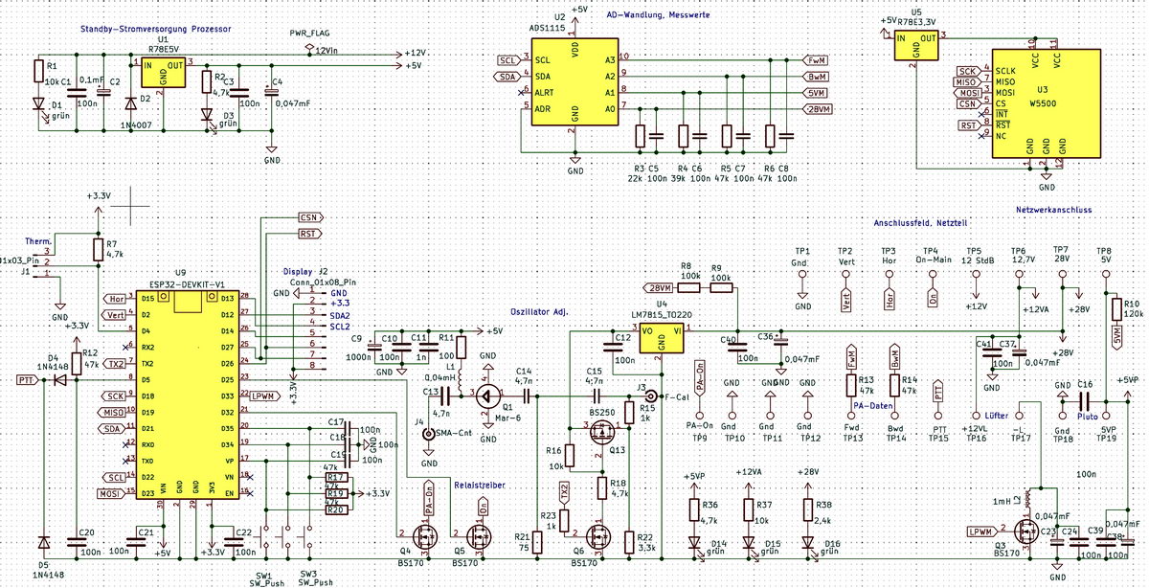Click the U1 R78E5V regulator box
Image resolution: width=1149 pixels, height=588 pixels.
click(x=163, y=72)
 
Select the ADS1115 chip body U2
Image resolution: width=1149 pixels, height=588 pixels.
click(x=574, y=91)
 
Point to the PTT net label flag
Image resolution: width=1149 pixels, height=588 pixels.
click(x=28, y=380)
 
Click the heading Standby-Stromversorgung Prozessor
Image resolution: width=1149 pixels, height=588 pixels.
click(x=155, y=30)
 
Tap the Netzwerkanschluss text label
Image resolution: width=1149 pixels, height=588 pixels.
click(x=1053, y=209)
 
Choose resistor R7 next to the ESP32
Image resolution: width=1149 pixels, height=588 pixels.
click(x=97, y=250)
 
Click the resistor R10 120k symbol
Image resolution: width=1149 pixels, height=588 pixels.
click(x=1115, y=309)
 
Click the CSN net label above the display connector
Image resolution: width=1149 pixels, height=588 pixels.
click(x=308, y=217)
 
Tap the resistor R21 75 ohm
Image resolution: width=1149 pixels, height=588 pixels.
click(x=537, y=542)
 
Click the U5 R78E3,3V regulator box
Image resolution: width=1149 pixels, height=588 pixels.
click(x=915, y=46)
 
